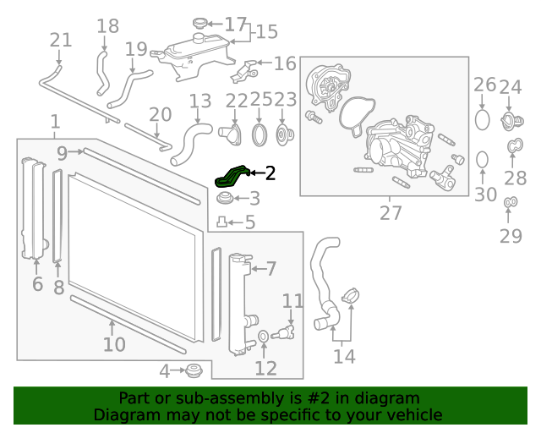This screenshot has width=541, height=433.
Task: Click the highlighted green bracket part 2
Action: click(232, 176)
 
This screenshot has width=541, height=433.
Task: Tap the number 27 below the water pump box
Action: click(391, 212)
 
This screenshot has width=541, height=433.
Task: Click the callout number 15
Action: click(266, 32)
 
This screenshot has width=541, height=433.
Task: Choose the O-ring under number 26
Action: click(482, 118)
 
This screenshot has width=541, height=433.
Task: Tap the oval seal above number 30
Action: click(482, 159)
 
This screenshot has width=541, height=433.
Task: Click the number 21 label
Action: click(61, 40)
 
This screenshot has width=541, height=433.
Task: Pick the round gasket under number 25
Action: click(261, 135)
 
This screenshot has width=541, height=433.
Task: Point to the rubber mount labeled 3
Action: click(225, 200)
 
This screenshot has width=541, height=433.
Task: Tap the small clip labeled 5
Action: click(221, 222)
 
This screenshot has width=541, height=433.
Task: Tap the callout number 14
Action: click(344, 356)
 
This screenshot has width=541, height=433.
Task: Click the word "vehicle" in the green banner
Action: click(413, 414)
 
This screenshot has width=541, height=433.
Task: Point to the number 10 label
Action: click(114, 344)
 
